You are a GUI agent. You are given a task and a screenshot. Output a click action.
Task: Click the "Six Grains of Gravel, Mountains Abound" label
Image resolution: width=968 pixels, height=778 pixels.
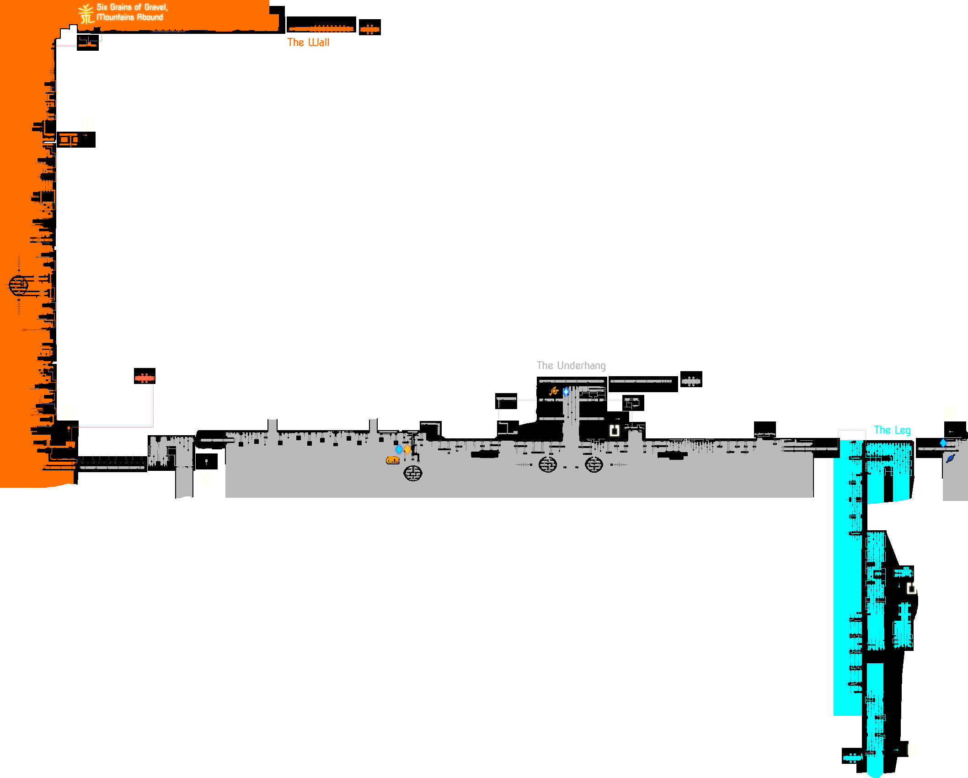(132, 12)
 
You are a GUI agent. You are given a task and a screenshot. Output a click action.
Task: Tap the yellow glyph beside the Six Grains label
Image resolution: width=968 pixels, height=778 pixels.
(86, 14)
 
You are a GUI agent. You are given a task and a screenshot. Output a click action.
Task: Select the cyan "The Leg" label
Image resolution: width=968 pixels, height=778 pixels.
(892, 430)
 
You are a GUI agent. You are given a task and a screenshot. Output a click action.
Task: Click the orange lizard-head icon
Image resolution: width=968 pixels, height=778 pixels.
(392, 460)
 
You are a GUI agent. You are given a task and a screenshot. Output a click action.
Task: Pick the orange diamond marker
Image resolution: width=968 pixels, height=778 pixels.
(407, 449)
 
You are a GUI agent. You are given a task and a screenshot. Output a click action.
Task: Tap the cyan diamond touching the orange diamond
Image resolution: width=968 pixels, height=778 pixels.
(399, 449)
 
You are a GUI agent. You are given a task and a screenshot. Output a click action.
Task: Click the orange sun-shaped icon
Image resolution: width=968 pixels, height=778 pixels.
(554, 391)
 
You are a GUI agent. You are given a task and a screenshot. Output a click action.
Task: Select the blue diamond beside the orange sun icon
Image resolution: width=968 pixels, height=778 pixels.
(566, 392)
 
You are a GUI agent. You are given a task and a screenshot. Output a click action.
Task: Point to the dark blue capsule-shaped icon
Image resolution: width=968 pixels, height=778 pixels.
(950, 458)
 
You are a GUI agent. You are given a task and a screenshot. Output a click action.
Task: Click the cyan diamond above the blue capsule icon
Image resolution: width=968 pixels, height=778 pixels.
(943, 442)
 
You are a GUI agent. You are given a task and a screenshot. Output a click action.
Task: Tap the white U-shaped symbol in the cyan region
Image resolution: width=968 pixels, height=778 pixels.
(911, 588)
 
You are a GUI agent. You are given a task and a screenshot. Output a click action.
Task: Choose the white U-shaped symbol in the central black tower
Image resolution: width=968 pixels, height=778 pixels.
(614, 430)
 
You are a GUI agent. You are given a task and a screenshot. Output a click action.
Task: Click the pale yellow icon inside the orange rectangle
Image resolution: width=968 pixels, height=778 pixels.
(88, 124)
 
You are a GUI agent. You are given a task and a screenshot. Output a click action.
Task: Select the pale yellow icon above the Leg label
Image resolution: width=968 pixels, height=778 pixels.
(951, 412)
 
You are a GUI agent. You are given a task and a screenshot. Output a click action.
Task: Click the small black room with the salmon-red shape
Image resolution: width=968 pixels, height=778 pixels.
(144, 376)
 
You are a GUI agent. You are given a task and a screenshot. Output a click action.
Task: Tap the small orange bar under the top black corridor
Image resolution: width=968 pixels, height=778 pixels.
(308, 42)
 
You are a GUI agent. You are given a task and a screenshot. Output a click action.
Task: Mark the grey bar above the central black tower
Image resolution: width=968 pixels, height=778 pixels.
(571, 366)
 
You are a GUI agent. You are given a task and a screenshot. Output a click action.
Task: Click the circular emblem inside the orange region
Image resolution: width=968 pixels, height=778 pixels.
(19, 285)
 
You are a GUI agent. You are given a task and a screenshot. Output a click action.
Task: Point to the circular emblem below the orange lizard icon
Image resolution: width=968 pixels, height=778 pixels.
(412, 473)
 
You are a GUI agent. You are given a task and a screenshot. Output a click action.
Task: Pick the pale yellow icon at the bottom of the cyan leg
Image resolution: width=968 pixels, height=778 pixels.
(913, 750)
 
